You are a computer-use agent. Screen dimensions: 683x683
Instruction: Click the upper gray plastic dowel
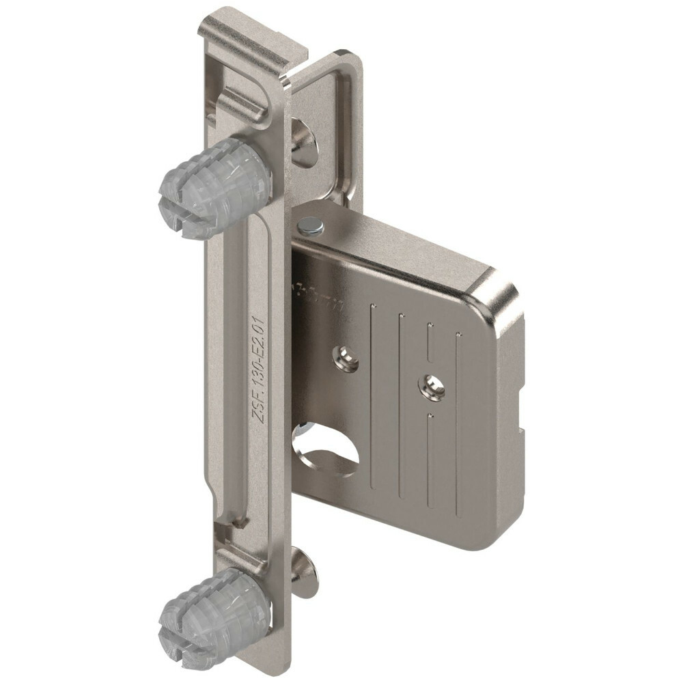point(215,188)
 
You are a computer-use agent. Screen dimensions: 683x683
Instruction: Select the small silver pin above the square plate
point(311,225)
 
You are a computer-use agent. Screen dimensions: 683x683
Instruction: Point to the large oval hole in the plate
point(324,450)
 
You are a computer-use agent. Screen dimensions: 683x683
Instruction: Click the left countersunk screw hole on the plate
point(346,358)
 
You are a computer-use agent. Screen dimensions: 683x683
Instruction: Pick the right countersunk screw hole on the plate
point(432,387)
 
